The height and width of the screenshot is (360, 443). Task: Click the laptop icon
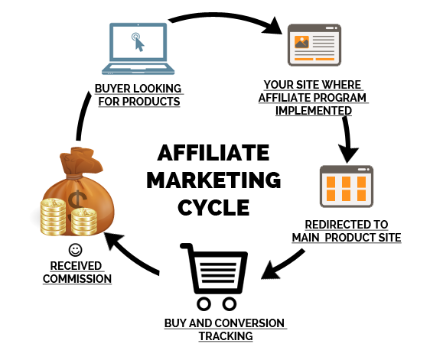coord(138,49)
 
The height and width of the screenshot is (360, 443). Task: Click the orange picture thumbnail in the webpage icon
coord(301,42)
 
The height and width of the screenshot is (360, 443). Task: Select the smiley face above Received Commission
coord(76,250)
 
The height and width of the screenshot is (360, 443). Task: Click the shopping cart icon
coord(215,277)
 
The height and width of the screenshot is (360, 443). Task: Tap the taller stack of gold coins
coord(53,216)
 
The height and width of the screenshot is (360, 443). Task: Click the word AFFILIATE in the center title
coord(213,153)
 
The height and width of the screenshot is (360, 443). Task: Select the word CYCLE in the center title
coord(213,207)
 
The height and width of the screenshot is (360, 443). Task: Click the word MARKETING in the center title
coord(213,180)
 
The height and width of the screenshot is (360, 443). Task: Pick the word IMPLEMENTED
coord(314,111)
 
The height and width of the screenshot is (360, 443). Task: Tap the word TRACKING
coord(226,336)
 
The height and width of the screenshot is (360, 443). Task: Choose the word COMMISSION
coord(77,279)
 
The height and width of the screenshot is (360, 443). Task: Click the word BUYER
coord(110,89)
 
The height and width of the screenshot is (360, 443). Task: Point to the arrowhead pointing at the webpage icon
coord(273,26)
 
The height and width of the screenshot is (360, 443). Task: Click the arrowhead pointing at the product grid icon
coord(347,154)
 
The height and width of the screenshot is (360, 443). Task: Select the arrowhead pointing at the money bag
coord(113,241)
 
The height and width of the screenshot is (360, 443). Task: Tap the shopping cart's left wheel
coord(204,304)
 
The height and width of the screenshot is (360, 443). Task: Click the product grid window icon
coord(347,186)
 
